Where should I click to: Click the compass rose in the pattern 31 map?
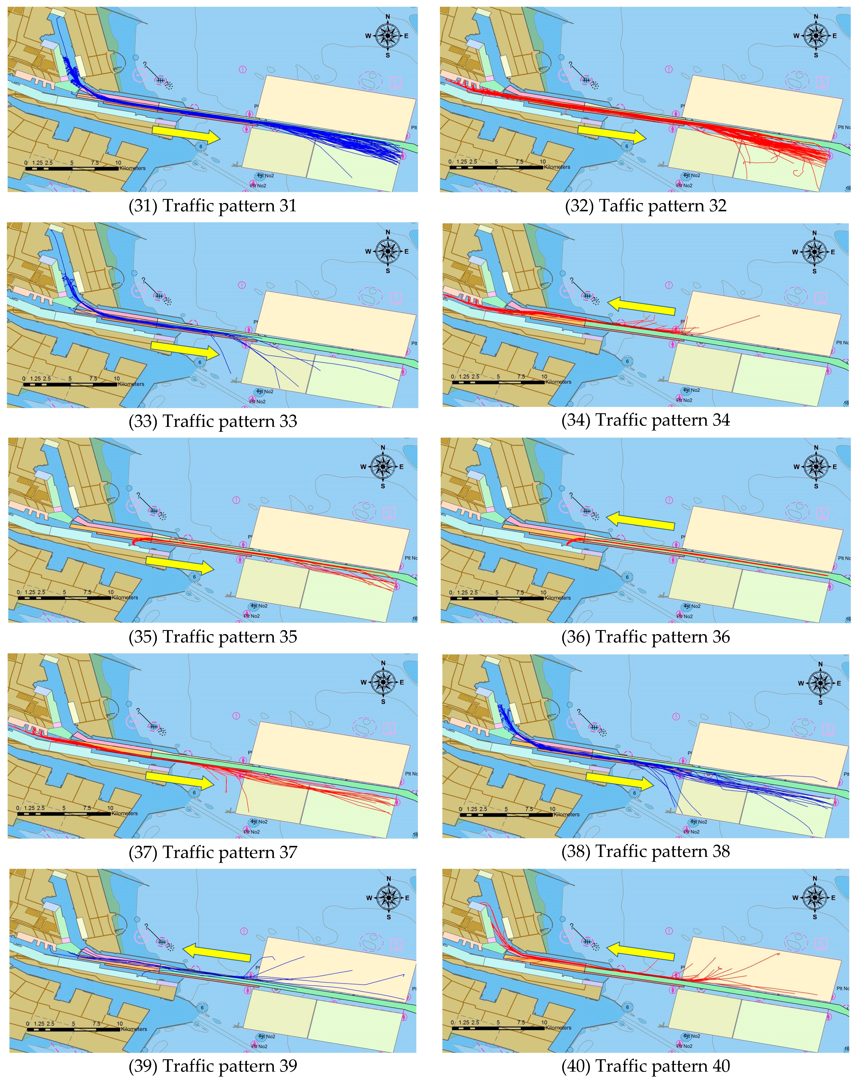click(388, 36)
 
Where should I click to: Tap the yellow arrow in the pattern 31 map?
click(186, 133)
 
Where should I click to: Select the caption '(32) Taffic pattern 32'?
click(645, 206)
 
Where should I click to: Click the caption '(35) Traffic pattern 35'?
click(213, 637)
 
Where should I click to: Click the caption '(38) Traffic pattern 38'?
click(645, 851)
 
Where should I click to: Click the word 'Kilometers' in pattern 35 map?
click(125, 598)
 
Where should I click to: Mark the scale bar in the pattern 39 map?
click(74, 1029)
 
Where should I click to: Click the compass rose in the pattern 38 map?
click(820, 683)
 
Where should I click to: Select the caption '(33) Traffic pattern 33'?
click(213, 421)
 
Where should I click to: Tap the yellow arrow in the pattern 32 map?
click(612, 133)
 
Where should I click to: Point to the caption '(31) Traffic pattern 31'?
click(213, 206)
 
